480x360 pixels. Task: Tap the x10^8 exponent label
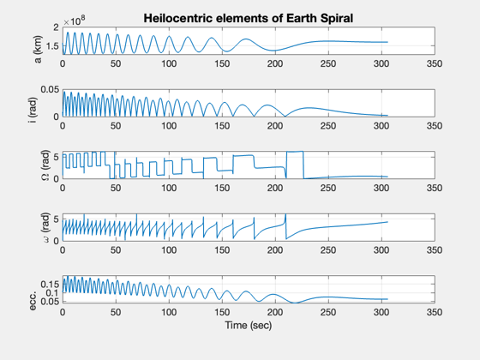point(75,21)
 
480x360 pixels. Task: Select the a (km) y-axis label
point(39,50)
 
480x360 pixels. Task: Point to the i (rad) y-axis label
point(33,111)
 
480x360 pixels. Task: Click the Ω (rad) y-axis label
point(45,165)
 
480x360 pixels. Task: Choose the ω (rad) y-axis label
point(45,227)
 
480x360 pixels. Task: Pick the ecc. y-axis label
point(33,300)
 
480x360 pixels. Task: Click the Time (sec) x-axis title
point(249,325)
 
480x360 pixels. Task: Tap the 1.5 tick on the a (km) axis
point(51,46)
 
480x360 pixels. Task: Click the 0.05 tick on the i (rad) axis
point(50,89)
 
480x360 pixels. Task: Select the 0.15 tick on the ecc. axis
point(50,285)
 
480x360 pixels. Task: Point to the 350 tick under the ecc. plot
point(435,312)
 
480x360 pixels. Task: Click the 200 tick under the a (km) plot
point(275,63)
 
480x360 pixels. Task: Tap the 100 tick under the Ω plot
point(169,188)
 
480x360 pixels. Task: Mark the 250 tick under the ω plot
point(328,249)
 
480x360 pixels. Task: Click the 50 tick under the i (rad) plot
point(116,126)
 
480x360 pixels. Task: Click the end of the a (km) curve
point(387,42)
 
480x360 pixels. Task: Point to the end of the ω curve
point(387,222)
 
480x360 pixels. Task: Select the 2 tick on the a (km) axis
point(56,27)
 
